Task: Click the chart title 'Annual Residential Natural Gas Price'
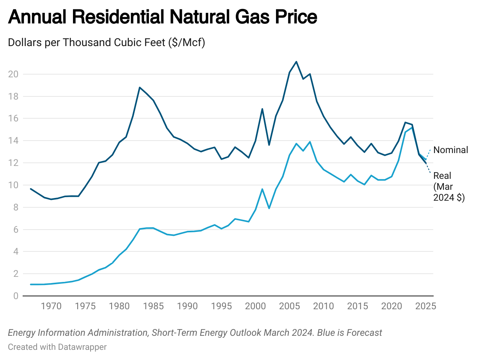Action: [x=162, y=18]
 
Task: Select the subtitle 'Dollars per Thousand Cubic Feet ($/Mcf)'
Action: [x=107, y=43]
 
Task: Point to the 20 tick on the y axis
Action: [x=13, y=74]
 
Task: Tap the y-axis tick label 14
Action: [x=13, y=141]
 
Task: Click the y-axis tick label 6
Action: [x=16, y=230]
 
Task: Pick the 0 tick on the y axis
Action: [x=16, y=296]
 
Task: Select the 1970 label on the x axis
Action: [x=51, y=306]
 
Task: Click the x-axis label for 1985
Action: [x=153, y=306]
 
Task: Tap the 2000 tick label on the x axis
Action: [x=255, y=306]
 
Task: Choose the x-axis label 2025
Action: [x=425, y=306]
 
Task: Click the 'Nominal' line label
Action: [x=450, y=150]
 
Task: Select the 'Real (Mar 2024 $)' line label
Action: [x=449, y=187]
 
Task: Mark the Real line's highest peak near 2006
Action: [x=296, y=62]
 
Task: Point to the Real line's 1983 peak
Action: [x=140, y=87]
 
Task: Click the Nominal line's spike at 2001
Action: [x=262, y=189]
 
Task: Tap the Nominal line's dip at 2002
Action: [x=269, y=208]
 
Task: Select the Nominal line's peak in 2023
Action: [x=412, y=128]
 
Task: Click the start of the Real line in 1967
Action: [x=31, y=189]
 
